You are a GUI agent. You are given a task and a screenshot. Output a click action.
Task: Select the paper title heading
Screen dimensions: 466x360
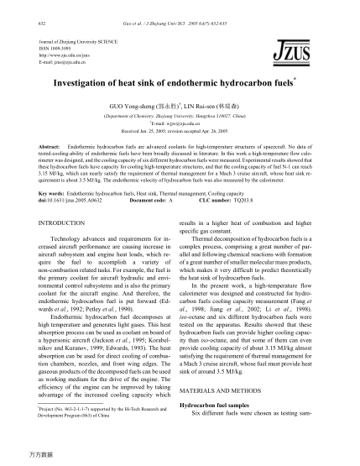(177, 85)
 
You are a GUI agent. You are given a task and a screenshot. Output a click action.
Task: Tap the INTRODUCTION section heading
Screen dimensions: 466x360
(64, 224)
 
